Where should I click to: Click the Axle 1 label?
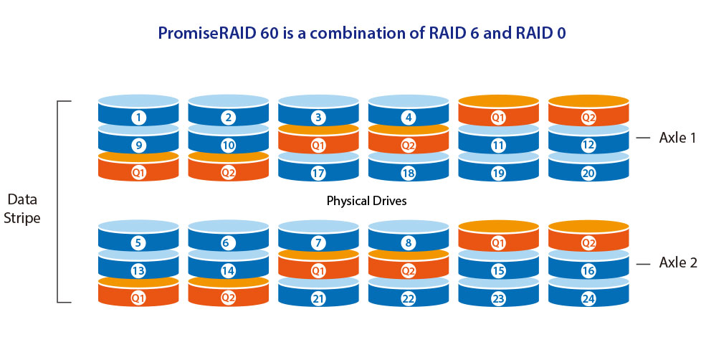click(x=677, y=138)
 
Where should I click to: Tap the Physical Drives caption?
click(x=366, y=201)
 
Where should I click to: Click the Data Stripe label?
click(x=22, y=209)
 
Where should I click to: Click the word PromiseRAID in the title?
click(x=206, y=34)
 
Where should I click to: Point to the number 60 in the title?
click(x=268, y=34)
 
